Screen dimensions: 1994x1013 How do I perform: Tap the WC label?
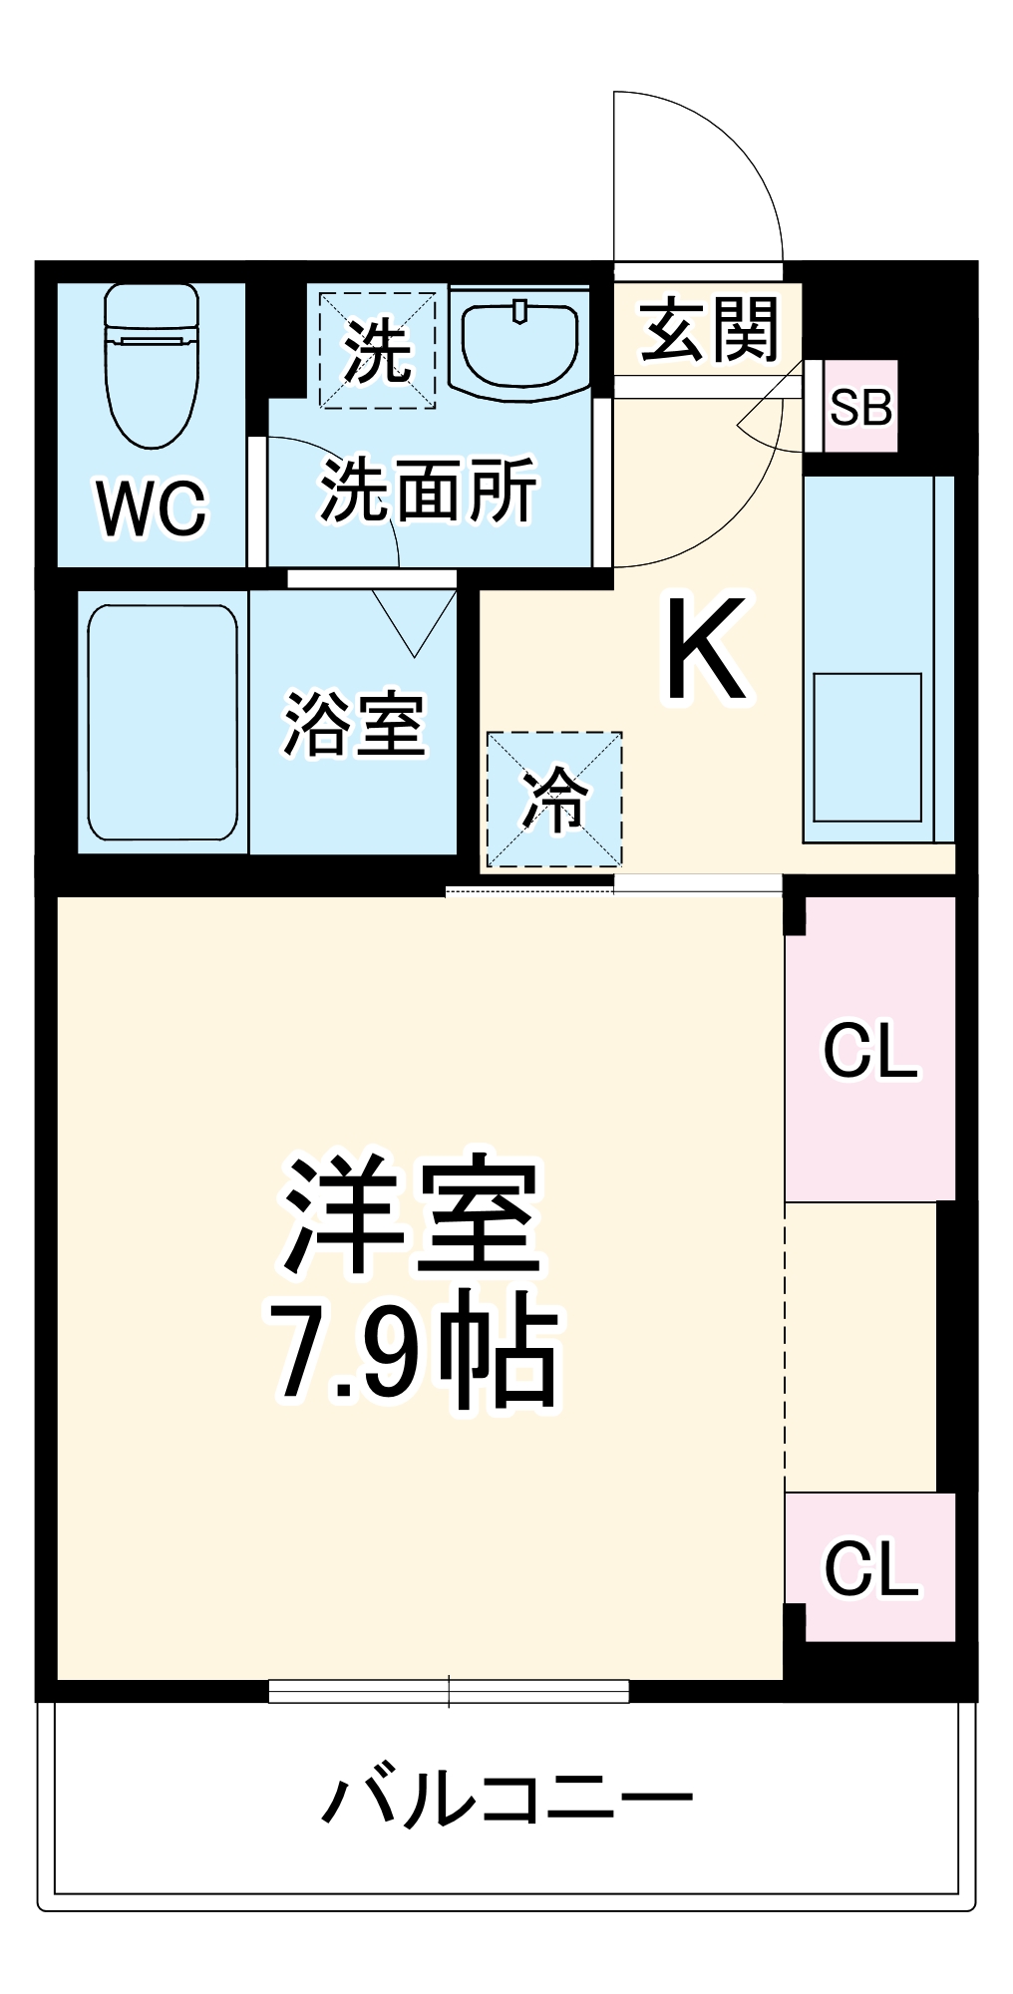pos(152,507)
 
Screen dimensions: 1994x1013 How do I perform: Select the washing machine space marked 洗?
pos(377,350)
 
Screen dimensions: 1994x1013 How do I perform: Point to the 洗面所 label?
pos(429,490)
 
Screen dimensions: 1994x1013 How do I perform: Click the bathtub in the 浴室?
pos(163,722)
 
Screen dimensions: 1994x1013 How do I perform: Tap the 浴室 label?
pos(355,723)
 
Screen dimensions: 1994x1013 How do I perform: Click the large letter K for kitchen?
pos(706,649)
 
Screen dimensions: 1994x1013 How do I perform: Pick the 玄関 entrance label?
pos(708,330)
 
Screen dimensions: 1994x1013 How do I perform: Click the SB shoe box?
pos(861,407)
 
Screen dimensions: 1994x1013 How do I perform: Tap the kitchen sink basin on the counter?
pos(866,747)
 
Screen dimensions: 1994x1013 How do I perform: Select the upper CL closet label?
pos(869,1050)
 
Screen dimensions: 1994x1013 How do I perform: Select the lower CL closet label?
pos(869,1568)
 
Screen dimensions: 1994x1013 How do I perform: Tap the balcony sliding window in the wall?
pos(449,1691)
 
